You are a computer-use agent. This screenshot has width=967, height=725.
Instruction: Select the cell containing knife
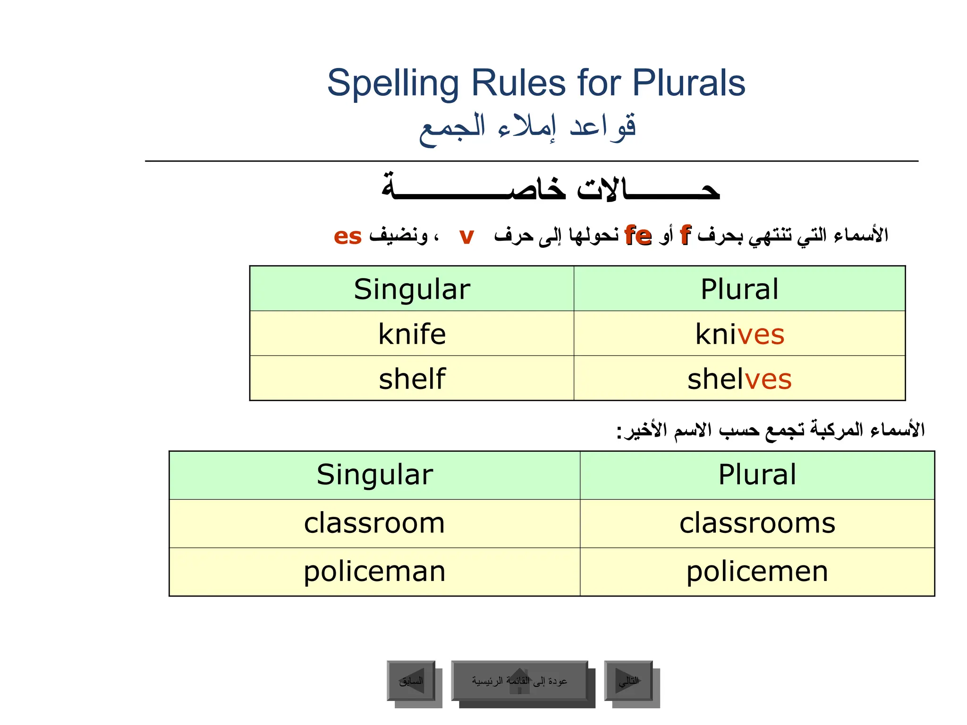(412, 334)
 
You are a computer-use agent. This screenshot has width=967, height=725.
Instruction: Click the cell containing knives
(739, 334)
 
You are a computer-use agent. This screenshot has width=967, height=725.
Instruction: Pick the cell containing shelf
(412, 379)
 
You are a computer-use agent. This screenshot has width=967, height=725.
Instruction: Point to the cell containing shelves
(739, 379)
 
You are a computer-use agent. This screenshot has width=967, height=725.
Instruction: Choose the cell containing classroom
(374, 523)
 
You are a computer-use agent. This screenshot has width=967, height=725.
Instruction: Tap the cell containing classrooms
(757, 523)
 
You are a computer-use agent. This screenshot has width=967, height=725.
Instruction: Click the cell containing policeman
(374, 572)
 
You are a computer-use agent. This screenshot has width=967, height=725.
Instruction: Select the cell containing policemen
(757, 572)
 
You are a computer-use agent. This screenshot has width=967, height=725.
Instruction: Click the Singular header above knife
(412, 289)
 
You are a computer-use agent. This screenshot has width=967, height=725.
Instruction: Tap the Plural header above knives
(739, 289)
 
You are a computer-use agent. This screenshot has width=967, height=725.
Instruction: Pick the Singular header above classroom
(374, 474)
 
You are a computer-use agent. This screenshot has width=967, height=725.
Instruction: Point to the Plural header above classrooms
(757, 474)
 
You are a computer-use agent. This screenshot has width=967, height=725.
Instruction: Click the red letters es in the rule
(348, 236)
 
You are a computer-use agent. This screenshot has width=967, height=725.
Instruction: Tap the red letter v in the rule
(466, 236)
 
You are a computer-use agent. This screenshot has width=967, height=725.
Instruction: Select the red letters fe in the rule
(638, 235)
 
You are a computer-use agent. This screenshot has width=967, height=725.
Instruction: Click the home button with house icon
(519, 681)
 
